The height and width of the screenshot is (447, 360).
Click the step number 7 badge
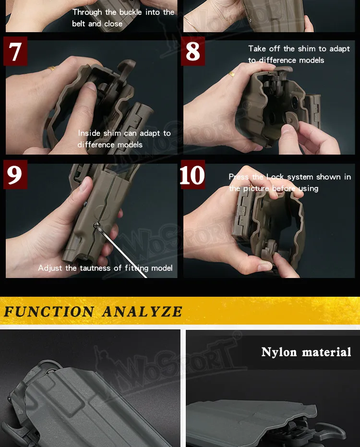[x=15, y=51]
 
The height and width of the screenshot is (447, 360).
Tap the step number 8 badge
[x=193, y=51]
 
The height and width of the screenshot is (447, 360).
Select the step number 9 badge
[x=15, y=174]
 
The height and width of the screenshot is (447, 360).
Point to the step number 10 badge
[x=192, y=174]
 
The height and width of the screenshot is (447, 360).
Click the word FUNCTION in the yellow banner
[x=49, y=311]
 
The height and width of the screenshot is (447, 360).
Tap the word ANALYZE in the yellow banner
[x=142, y=311]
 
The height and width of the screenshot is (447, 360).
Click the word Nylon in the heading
[x=279, y=352]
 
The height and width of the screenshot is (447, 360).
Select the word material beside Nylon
[x=327, y=352]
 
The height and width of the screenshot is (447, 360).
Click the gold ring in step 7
[x=52, y=68]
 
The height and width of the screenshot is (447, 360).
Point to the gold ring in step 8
[x=232, y=74]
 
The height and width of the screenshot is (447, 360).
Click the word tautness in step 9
[x=95, y=268]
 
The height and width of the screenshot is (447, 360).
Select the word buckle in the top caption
[x=131, y=12]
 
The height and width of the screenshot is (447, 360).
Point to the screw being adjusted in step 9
[x=96, y=225]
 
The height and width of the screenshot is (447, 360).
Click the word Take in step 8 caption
[x=257, y=48]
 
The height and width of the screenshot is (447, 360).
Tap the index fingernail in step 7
[x=91, y=86]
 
